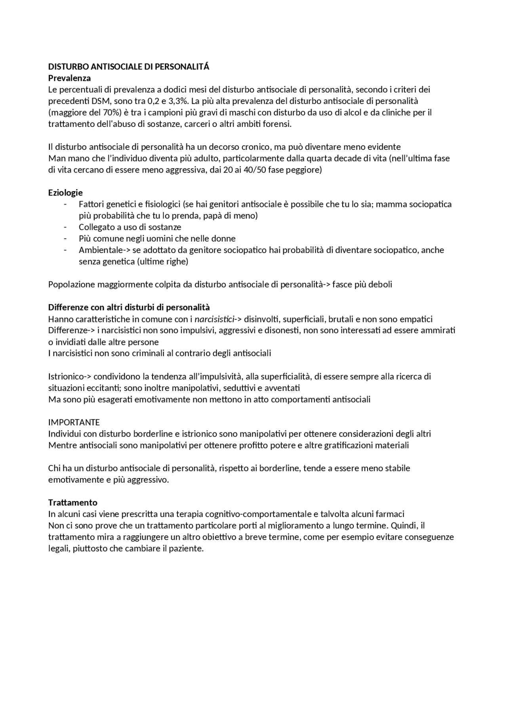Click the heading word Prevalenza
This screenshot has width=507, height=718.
point(69,78)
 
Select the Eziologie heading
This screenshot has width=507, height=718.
point(65,193)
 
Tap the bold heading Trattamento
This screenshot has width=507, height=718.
point(72,503)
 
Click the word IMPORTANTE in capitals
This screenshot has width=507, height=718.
point(74,422)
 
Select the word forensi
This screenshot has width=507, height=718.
point(278,124)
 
